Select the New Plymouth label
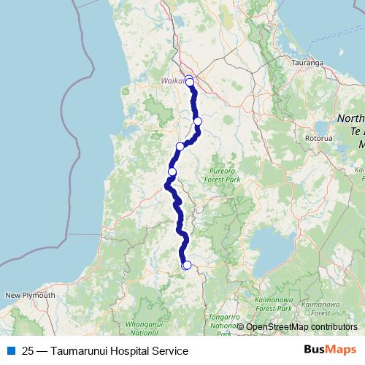pyautogui.click(x=30, y=295)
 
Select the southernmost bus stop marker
pyautogui.click(x=186, y=265)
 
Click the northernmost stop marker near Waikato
pyautogui.click(x=188, y=79)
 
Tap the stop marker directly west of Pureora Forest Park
pyautogui.click(x=172, y=172)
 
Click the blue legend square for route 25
pyautogui.click(x=10, y=351)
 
